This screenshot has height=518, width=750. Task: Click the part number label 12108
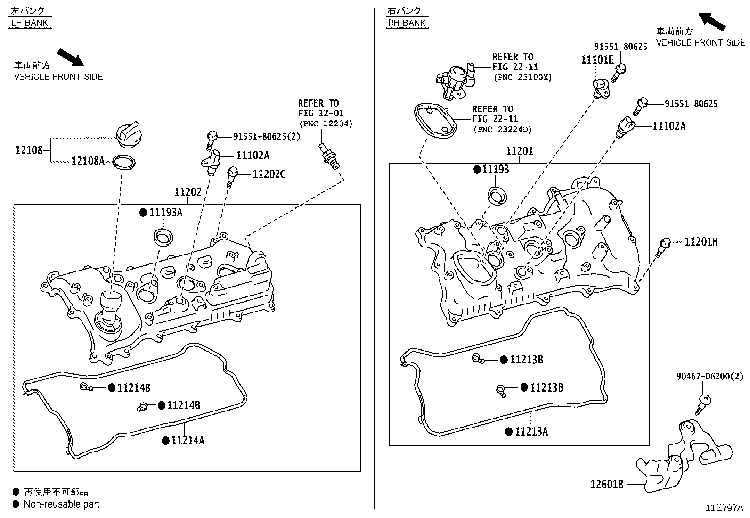pyautogui.click(x=29, y=150)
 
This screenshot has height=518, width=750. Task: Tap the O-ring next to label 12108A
pyautogui.click(x=124, y=163)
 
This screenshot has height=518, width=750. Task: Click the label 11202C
pyautogui.click(x=269, y=174)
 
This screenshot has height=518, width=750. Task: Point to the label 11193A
pyautogui.click(x=165, y=213)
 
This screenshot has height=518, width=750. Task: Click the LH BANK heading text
pyautogui.click(x=29, y=23)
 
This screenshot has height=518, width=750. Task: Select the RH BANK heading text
pyautogui.click(x=407, y=23)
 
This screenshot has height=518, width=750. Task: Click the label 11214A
pyautogui.click(x=187, y=441)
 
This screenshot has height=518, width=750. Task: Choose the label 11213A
pyautogui.click(x=531, y=432)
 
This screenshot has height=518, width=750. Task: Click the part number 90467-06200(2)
pyautogui.click(x=709, y=376)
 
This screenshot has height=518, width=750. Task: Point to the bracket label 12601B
pyautogui.click(x=607, y=484)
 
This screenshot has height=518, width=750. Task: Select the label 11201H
pyautogui.click(x=701, y=242)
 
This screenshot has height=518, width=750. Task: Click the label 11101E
pyautogui.click(x=597, y=60)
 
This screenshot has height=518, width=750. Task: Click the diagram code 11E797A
pyautogui.click(x=724, y=508)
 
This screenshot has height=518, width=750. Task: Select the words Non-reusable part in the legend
pyautogui.click(x=62, y=504)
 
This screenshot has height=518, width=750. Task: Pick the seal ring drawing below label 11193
pyautogui.click(x=497, y=195)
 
